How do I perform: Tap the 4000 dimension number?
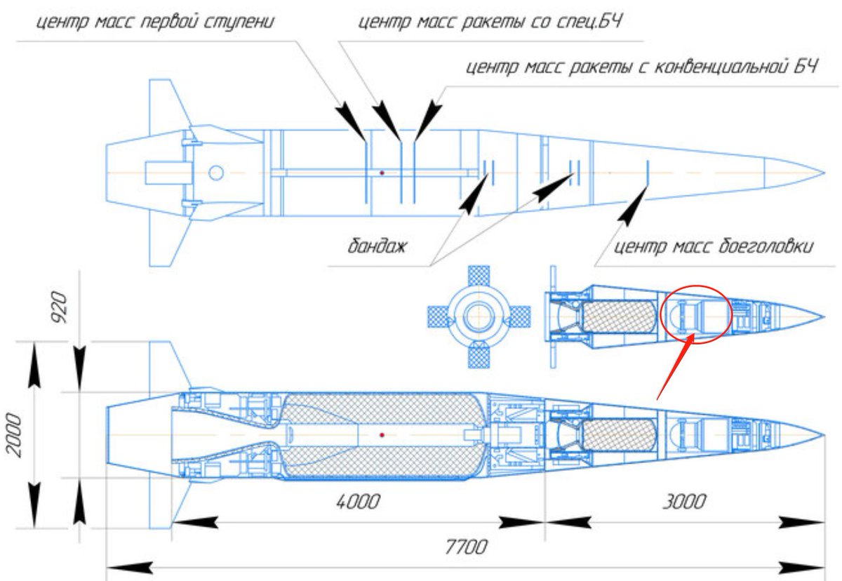pyautogui.click(x=359, y=502)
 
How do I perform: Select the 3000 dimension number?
pyautogui.click(x=684, y=502)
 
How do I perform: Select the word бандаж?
pyautogui.click(x=377, y=247)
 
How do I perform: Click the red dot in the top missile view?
pyautogui.click(x=382, y=172)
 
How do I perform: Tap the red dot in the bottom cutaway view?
pyautogui.click(x=382, y=435)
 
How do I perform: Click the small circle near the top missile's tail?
pyautogui.click(x=216, y=172)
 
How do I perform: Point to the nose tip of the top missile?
pyautogui.click(x=824, y=172)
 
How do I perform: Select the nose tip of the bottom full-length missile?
pyautogui.click(x=824, y=435)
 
